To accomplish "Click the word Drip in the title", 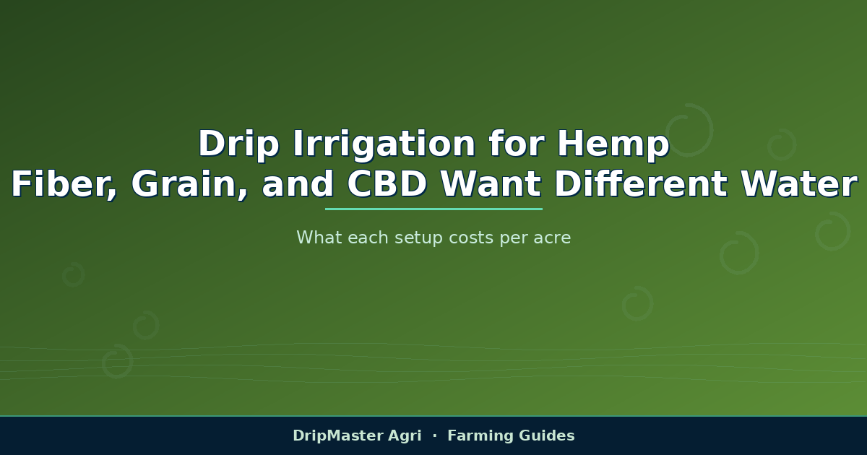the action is (238, 144).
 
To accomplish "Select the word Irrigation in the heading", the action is (384, 144).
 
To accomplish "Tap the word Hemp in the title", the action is (613, 144).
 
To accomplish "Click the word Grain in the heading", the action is (189, 184).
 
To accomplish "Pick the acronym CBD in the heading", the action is (387, 184).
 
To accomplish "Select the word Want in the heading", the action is (491, 184).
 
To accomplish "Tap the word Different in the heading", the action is (641, 184).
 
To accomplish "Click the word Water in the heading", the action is (798, 184).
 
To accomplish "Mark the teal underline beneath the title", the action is (433, 209).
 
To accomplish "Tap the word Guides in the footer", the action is (546, 435).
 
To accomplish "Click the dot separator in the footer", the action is (435, 435).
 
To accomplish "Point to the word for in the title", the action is (516, 144).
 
